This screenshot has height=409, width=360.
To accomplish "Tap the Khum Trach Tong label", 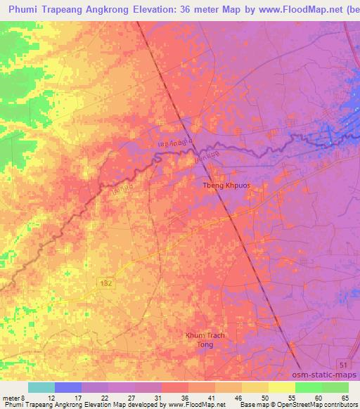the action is (205, 340).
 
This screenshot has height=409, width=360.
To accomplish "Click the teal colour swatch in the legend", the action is (41, 387).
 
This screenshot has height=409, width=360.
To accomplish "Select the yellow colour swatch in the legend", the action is (282, 387).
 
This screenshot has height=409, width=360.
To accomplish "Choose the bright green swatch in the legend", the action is (309, 387).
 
